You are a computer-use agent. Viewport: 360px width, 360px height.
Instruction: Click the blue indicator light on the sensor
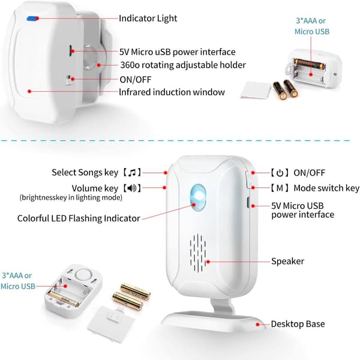tap(32, 19)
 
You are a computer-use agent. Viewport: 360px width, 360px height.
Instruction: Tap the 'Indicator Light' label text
tap(148, 19)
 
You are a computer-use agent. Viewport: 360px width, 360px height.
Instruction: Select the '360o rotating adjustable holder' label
tap(183, 65)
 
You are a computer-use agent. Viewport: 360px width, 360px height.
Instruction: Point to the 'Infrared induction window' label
tap(172, 92)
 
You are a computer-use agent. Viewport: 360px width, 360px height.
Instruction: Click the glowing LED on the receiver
tap(198, 197)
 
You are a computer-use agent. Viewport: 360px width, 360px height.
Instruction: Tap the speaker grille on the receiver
tap(197, 253)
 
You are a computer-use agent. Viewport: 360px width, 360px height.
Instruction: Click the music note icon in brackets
tap(132, 172)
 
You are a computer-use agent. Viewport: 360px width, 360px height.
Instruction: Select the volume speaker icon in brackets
tap(132, 188)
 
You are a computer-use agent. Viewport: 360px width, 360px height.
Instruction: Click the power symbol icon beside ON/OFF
tap(280, 173)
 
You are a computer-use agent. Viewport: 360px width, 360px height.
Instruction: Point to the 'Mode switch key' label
tap(326, 188)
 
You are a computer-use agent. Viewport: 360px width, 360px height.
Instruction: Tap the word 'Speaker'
tap(287, 261)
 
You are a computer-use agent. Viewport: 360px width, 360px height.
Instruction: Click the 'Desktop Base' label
tap(298, 324)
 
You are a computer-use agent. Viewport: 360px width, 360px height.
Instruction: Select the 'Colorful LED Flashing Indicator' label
tap(79, 218)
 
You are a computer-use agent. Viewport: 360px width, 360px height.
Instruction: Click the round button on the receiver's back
tap(83, 275)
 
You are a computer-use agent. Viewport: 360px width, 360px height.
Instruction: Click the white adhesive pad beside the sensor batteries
tap(256, 90)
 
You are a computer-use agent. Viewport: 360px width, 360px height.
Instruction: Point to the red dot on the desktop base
tap(257, 325)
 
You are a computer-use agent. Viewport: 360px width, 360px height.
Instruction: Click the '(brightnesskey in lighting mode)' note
tap(71, 197)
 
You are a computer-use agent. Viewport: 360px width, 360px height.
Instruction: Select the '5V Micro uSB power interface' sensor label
tap(177, 52)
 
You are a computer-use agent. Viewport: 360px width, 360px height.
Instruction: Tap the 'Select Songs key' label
tap(85, 172)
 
